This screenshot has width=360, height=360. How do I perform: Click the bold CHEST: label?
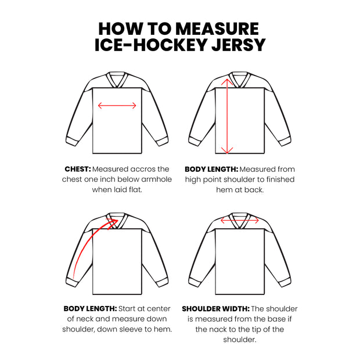click(77, 169)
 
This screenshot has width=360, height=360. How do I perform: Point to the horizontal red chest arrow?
click(117, 106)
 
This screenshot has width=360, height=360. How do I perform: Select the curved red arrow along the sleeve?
click(90, 244)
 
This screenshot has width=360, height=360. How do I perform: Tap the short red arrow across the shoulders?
click(240, 221)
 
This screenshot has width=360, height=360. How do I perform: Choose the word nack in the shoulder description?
click(221, 329)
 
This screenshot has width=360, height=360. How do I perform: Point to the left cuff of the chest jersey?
click(73, 142)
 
